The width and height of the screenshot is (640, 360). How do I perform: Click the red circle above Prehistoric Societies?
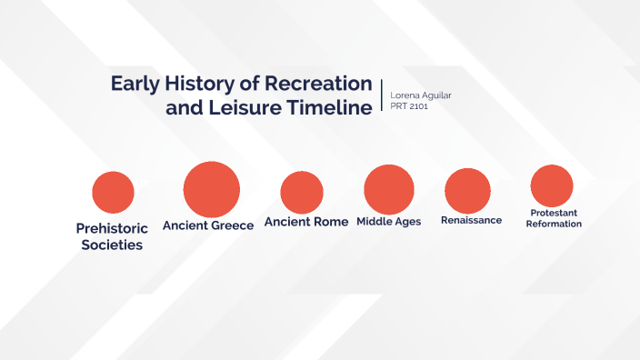(x=114, y=192)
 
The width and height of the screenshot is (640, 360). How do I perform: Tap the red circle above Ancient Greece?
(x=211, y=189)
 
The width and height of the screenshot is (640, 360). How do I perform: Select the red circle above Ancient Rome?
(x=302, y=193)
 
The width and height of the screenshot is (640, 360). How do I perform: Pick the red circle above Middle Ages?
(x=389, y=189)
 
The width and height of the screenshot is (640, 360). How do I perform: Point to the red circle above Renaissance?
(x=468, y=191)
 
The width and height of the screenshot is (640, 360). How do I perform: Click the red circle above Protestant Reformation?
(x=552, y=185)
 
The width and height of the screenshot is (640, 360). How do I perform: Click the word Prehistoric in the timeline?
(x=110, y=229)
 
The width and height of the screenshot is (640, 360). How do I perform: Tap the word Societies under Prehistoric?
(x=111, y=245)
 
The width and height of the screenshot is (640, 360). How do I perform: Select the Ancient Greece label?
(x=208, y=225)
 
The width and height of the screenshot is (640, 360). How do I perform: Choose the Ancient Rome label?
(x=306, y=222)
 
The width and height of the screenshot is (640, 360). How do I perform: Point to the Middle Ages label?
(x=388, y=222)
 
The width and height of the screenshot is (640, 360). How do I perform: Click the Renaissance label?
(x=471, y=220)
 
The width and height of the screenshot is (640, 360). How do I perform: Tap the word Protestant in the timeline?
(x=554, y=213)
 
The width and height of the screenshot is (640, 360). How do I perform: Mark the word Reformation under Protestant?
(x=554, y=224)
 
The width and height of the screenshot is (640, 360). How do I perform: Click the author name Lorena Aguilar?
(x=419, y=95)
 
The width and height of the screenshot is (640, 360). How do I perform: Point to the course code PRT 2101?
(x=409, y=106)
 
